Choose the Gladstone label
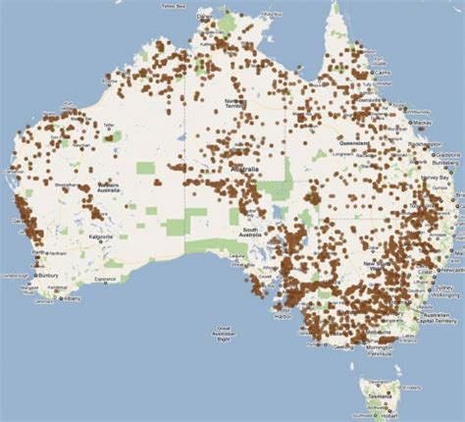(447, 155)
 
